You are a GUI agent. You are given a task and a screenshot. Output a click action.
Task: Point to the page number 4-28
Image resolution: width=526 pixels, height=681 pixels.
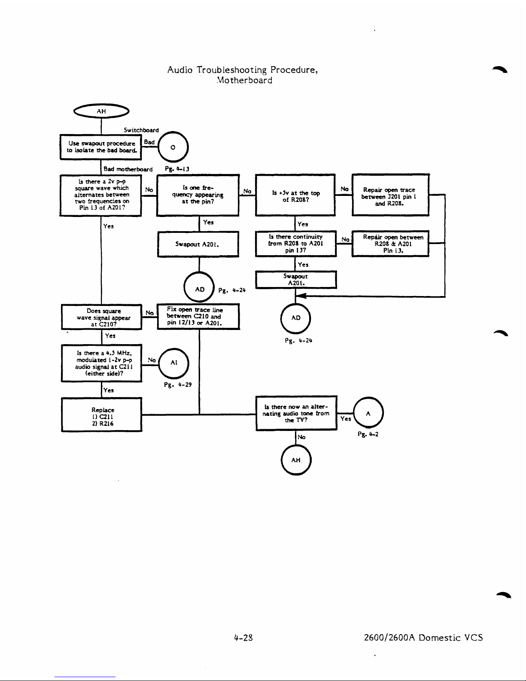coord(243,638)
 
